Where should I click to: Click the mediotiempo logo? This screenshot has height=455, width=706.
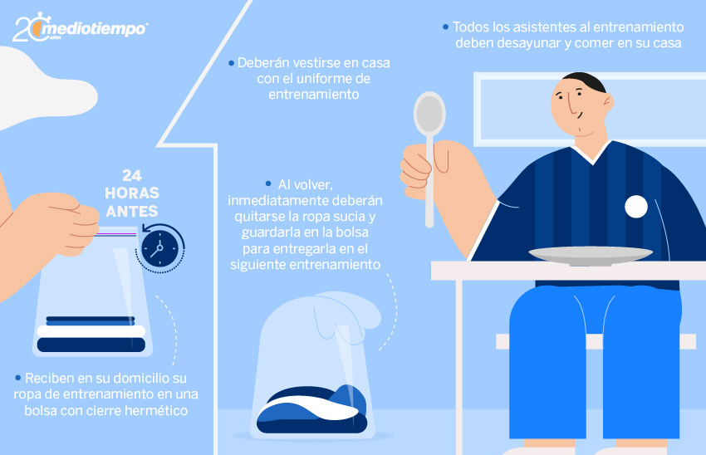point(80,28)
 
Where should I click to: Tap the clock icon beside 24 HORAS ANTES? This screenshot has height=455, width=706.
point(160,248)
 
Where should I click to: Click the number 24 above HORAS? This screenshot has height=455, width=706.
point(131,175)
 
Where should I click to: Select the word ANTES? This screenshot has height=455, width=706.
point(132,211)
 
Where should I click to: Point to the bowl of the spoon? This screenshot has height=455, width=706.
point(429,113)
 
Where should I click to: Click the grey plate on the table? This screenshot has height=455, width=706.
point(591,255)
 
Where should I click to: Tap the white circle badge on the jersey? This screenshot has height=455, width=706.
point(635,207)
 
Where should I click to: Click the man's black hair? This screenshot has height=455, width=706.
point(586,81)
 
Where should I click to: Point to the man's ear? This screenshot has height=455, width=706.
point(608,104)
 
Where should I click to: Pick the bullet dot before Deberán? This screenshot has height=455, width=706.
point(231,63)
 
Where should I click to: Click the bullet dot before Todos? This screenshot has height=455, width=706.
point(446,27)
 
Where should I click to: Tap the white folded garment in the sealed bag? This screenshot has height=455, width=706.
point(91,331)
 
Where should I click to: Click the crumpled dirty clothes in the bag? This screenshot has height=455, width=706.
point(312,409)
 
